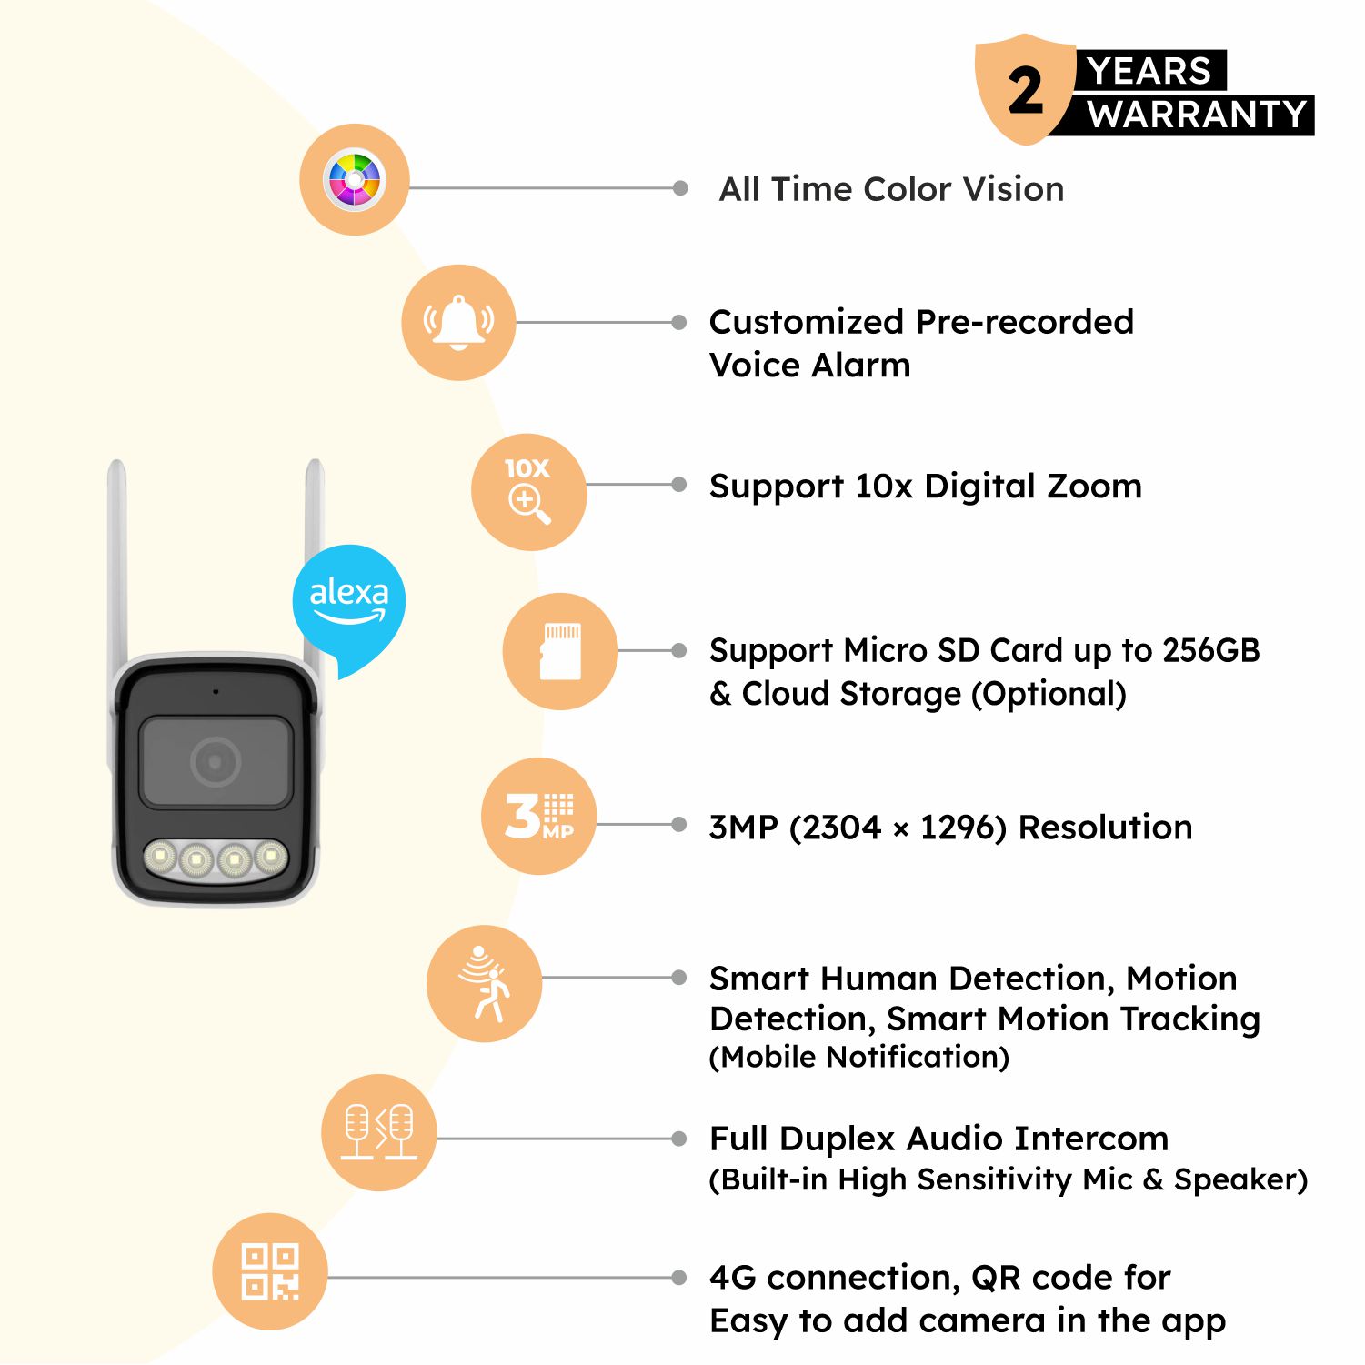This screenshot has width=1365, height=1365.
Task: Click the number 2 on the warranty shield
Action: pos(1025,91)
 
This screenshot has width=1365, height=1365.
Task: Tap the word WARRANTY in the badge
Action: pos(1197,115)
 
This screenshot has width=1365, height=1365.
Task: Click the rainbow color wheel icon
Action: pos(355,179)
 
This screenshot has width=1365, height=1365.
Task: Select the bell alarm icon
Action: pos(458,322)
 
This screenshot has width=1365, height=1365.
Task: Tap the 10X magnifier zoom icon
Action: pos(528,491)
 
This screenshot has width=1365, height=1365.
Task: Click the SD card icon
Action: pos(560,651)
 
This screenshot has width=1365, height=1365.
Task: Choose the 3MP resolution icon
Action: pos(538,816)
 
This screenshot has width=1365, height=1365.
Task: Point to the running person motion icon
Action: pos(484,983)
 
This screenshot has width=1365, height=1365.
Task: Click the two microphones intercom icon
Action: pos(378,1132)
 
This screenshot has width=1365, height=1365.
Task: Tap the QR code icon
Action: pos(270,1271)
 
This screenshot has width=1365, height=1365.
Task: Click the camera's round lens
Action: pos(216,762)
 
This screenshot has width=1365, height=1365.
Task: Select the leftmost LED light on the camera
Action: pos(160,857)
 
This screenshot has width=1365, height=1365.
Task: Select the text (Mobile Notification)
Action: pos(859,1057)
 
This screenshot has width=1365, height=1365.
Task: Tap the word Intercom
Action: pos(1091,1139)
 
